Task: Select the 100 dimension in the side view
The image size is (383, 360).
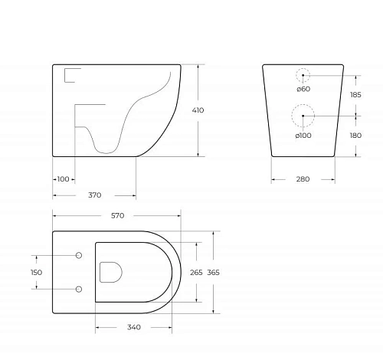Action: [63, 179]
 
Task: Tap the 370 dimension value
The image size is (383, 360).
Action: [95, 195]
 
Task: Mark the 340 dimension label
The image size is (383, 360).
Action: [133, 328]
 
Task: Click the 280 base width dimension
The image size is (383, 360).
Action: [303, 179]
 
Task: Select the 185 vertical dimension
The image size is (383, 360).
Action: [356, 95]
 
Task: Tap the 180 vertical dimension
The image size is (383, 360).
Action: [356, 136]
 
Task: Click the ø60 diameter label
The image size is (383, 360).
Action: [303, 90]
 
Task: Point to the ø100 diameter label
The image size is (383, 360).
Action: [303, 136]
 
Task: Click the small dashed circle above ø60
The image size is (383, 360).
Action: [303, 75]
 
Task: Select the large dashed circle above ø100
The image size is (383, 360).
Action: [303, 116]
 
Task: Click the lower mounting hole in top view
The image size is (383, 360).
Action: [79, 289]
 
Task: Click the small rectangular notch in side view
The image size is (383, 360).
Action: [71, 74]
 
